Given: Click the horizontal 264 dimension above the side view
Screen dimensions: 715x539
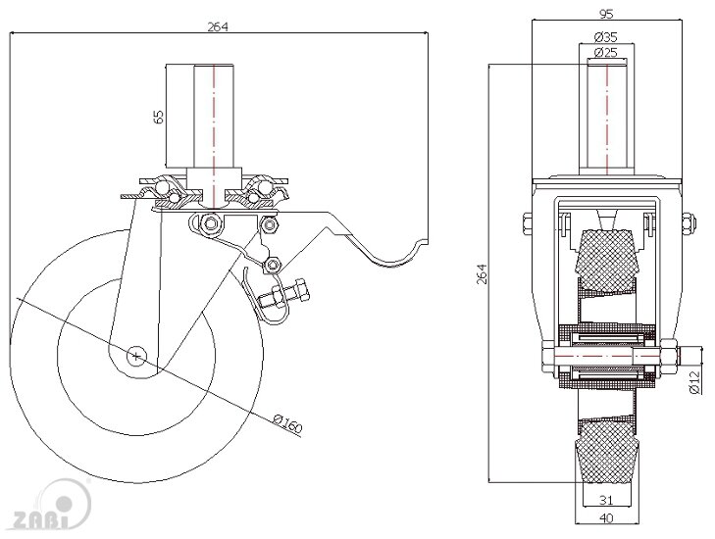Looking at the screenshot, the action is pos(218,26).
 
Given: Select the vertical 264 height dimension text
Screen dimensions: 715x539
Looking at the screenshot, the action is pos(482,273).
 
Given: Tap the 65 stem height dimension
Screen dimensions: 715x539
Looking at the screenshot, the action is pos(159,117).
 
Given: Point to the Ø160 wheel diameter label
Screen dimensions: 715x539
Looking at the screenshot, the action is pos(287,422).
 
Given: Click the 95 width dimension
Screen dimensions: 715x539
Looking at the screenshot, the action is pos(606,14).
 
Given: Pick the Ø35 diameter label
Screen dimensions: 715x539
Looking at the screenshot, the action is pos(606,36).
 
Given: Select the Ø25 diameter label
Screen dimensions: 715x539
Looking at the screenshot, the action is pos(606,52).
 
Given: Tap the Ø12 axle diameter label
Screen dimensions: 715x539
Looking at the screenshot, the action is pos(694,382).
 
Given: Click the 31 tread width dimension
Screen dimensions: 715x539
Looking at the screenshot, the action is pos(605,500).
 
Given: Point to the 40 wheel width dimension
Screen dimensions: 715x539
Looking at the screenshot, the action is pos(606,518).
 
